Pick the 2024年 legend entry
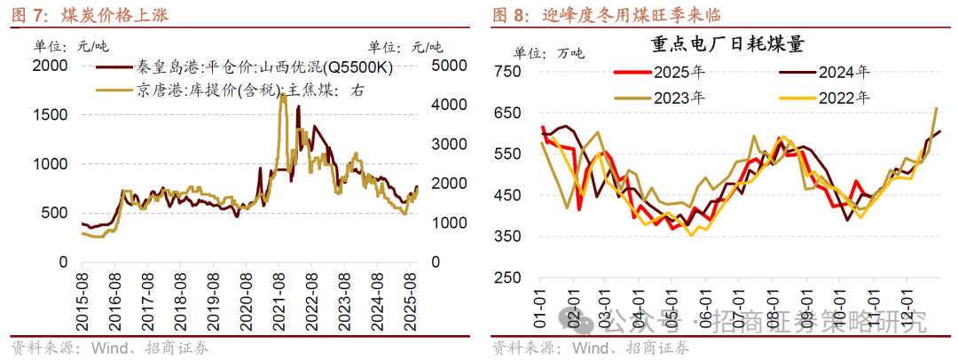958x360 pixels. pyautogui.click(x=830, y=72)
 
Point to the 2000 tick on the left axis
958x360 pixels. pyautogui.click(x=50, y=66)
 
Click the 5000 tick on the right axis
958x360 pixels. pyautogui.click(x=449, y=66)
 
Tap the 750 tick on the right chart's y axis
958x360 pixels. pyautogui.click(x=507, y=72)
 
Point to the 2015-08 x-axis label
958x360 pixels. pyautogui.click(x=82, y=301)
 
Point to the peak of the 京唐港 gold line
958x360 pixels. pyautogui.click(x=282, y=96)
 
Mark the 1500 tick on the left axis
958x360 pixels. pyautogui.click(x=50, y=114)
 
